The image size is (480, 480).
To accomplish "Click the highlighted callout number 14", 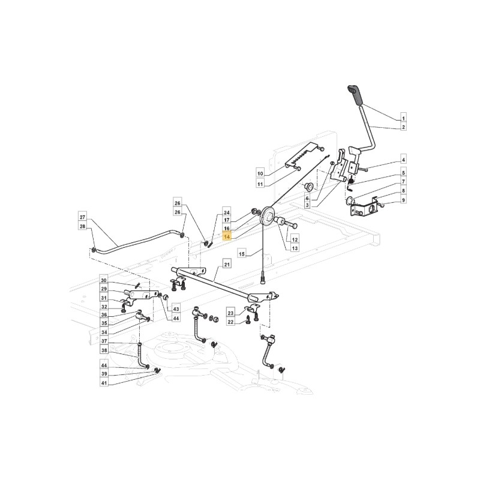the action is (x=227, y=237).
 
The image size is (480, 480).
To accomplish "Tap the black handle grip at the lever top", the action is (x=355, y=95).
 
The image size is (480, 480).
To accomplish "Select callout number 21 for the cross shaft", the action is (x=227, y=264).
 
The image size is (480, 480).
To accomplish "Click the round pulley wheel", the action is (x=267, y=217).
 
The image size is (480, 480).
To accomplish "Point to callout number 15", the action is (x=242, y=254).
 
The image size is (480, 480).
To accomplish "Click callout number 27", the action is (x=82, y=218).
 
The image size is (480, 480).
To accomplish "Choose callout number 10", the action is (x=260, y=173).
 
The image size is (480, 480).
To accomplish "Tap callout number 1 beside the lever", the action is (x=403, y=118).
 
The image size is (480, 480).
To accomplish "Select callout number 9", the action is (x=403, y=200).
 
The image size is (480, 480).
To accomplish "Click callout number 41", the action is (x=104, y=383).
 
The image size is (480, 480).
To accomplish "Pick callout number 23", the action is (x=231, y=313).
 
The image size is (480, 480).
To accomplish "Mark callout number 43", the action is (x=176, y=310).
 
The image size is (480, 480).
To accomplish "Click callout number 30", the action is (x=104, y=280).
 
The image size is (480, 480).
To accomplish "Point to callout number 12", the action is (x=295, y=239).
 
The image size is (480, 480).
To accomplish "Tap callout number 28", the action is (x=82, y=227).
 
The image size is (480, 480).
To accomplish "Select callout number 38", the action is (x=104, y=350).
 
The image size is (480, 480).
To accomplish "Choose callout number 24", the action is (x=227, y=212).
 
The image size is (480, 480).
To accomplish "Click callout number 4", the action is (x=403, y=160).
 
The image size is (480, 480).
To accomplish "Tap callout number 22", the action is (x=231, y=322).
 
